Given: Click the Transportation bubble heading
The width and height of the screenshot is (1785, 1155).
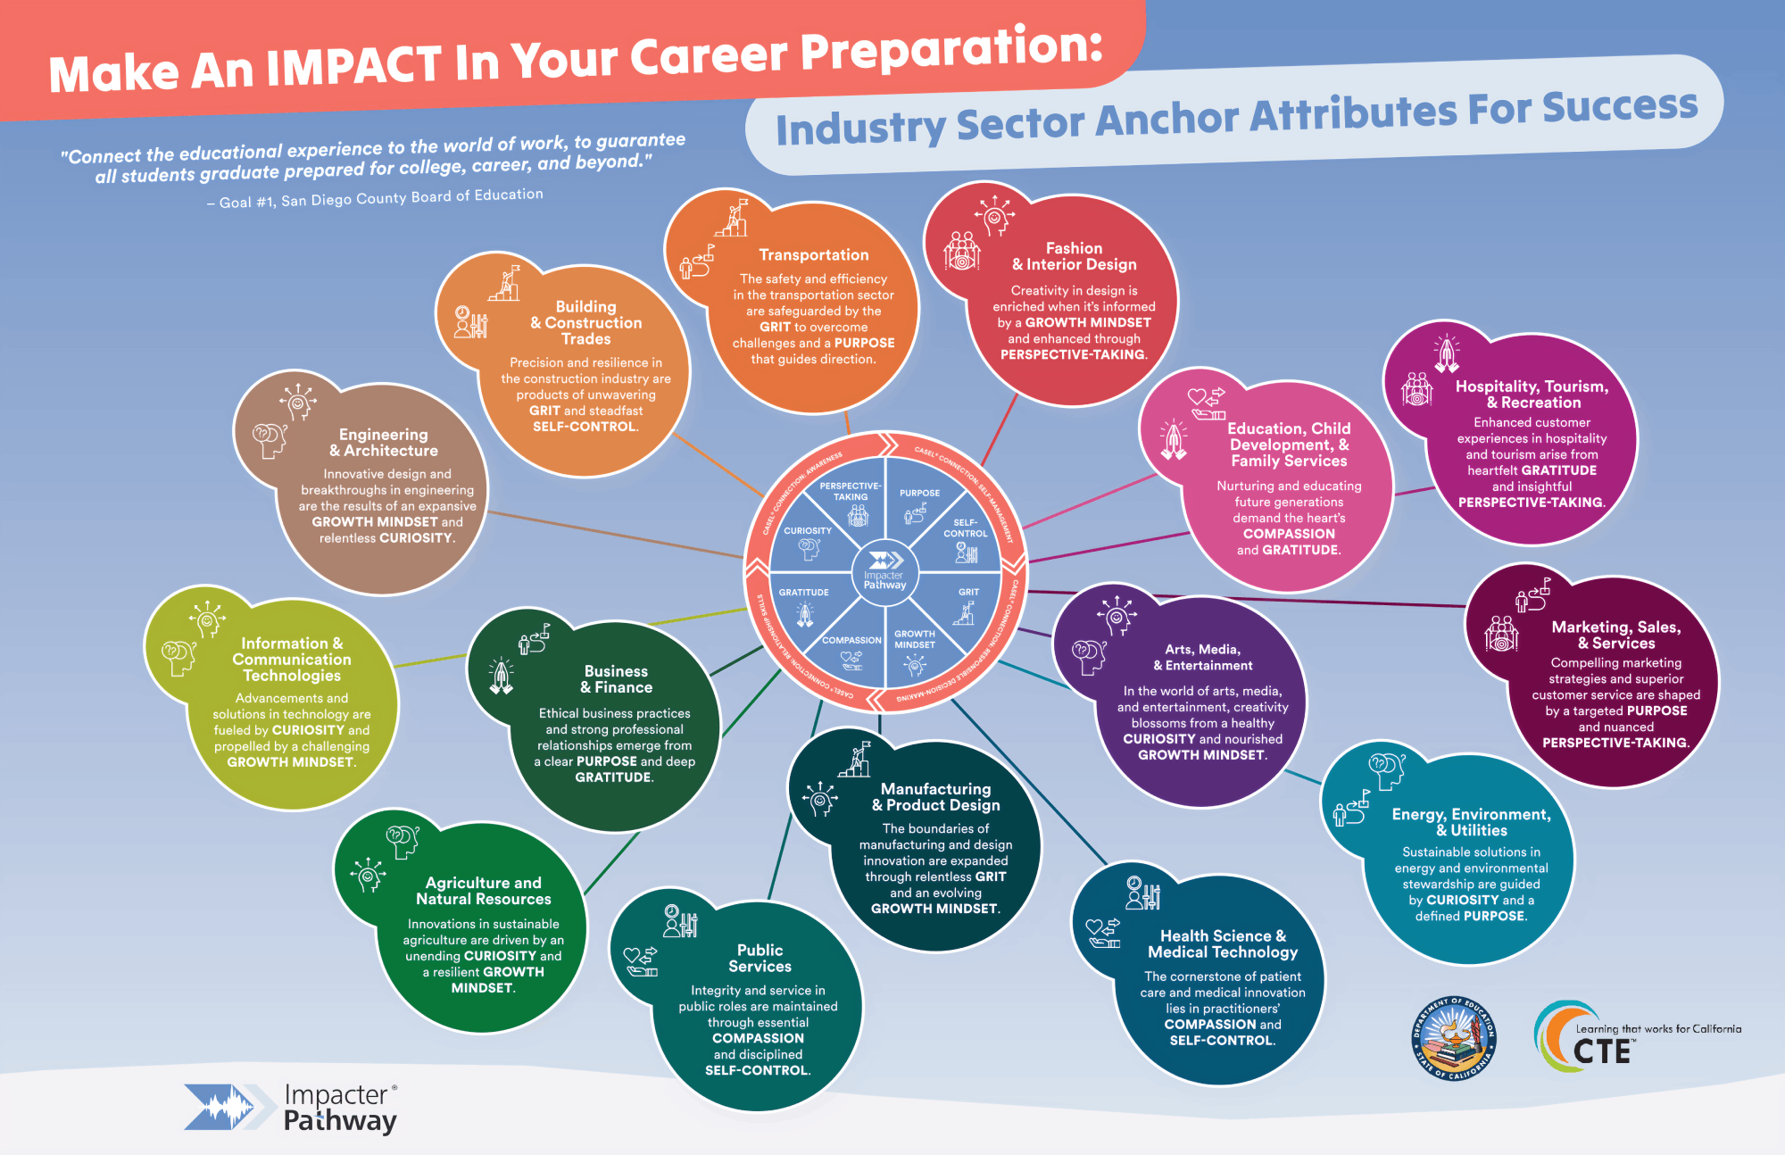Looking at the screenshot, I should (x=813, y=255).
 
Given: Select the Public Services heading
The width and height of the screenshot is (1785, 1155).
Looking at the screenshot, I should (x=760, y=958).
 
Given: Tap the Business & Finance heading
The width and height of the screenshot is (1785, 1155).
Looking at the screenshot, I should (x=616, y=679).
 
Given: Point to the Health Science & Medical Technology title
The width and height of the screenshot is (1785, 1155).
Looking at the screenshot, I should (x=1223, y=943).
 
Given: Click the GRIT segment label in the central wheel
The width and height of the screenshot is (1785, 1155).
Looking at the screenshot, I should (x=968, y=592).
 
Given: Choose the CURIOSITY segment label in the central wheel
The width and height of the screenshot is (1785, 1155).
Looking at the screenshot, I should (x=808, y=530).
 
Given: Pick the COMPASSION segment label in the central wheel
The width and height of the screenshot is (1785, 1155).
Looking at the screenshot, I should (x=851, y=640).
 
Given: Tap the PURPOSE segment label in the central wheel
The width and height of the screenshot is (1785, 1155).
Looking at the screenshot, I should (x=919, y=493).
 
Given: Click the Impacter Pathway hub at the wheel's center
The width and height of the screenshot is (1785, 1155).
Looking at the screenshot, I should (x=884, y=571).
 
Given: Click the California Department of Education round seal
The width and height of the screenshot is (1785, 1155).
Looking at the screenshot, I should (x=1453, y=1038).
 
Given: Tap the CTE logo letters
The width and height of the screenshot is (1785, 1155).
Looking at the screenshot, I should (x=1601, y=1051).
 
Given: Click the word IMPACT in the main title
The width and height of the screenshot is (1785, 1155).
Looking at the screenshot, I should (x=353, y=66).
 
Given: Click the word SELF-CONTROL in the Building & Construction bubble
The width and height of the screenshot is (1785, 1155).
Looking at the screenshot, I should (x=585, y=427).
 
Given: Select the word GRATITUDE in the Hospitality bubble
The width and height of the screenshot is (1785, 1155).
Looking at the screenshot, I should (x=1558, y=470).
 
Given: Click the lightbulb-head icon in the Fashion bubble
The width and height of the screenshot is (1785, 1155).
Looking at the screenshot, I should (x=993, y=215).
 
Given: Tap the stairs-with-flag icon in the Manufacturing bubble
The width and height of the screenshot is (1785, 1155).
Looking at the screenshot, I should (x=855, y=760).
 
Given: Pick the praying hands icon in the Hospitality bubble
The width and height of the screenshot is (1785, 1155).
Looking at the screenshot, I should (x=1446, y=354).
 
